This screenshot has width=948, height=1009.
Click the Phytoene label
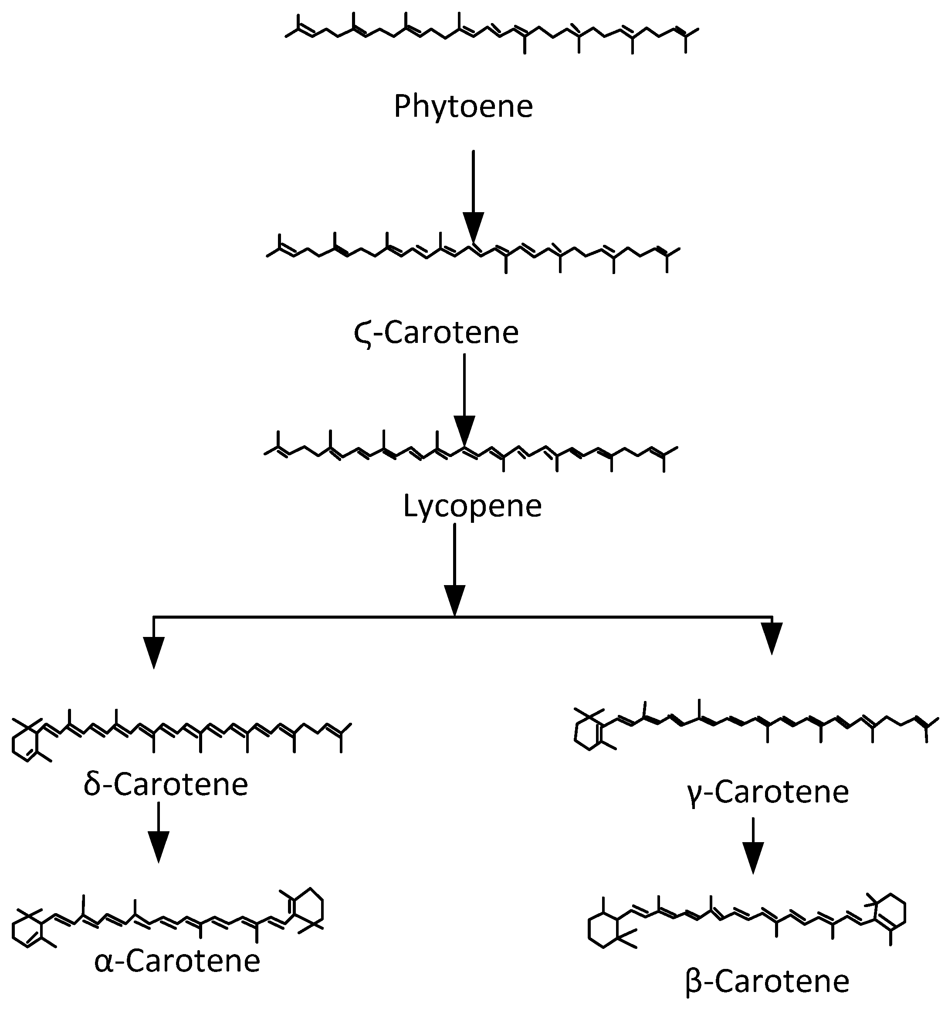[x=464, y=107]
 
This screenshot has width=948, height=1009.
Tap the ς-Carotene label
[x=436, y=333]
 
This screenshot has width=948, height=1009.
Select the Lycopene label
[x=472, y=506]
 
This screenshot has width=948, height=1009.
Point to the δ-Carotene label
[x=166, y=784]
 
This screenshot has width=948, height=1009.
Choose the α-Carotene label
[x=177, y=961]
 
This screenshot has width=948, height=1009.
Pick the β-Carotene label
[x=767, y=982]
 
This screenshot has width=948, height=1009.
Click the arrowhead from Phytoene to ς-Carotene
[x=473, y=228]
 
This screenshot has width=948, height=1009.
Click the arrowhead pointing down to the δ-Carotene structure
[x=153, y=652]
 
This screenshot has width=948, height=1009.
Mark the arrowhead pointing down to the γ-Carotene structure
[x=772, y=639]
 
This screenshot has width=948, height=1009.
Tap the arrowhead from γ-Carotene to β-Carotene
[x=753, y=858]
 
